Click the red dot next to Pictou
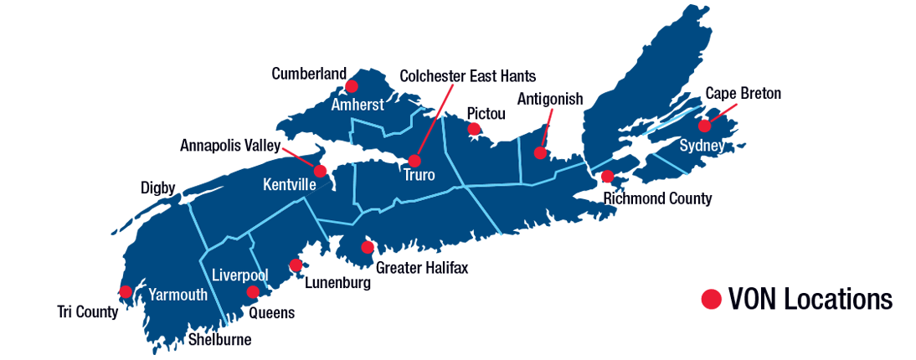[474, 129]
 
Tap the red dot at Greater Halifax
[367, 248]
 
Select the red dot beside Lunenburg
[296, 265]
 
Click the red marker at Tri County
[126, 291]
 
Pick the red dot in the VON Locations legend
[711, 299]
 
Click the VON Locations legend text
[811, 299]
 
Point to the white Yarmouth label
[178, 295]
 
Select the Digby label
[158, 189]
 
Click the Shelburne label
[219, 340]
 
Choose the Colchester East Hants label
[467, 76]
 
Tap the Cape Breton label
[743, 94]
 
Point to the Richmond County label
[657, 198]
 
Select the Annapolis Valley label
[229, 146]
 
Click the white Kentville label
[289, 184]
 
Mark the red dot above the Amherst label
[352, 86]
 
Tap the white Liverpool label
[239, 275]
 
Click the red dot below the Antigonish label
[541, 153]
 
